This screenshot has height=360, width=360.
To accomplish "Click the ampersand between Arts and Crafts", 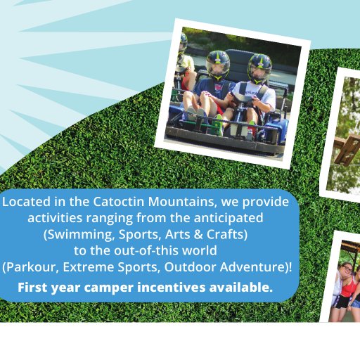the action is (198, 234).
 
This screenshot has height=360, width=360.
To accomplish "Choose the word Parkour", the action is (30, 267).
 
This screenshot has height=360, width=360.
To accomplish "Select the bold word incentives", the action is (171, 288).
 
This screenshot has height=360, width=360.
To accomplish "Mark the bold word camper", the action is (108, 288).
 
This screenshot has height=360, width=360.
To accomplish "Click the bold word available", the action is (241, 288).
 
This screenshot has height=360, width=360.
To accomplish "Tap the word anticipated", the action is (229, 218).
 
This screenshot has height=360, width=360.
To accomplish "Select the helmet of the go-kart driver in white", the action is (259, 68).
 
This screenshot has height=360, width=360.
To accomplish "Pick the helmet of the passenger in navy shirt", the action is (218, 65).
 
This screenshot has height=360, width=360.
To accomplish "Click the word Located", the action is (26, 202).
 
